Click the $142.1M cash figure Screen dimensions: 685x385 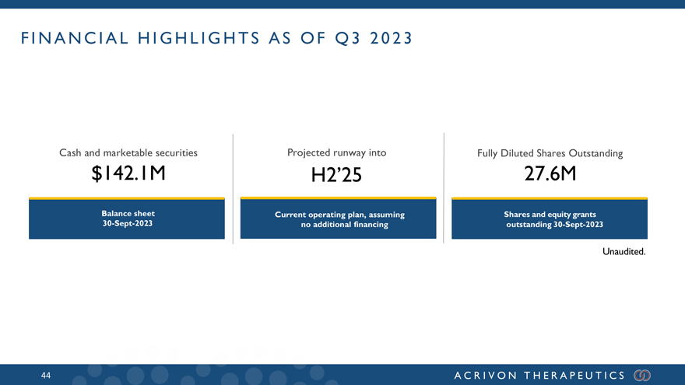pos(128,173)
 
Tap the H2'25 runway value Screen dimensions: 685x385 pos(336,175)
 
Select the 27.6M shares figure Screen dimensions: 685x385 pos(550,173)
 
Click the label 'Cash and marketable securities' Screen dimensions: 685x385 pos(128,152)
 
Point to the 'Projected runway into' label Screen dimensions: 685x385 pos(337,152)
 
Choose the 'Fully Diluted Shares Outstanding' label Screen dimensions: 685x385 pos(550,153)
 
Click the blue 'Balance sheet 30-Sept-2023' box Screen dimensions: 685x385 pos(127,219)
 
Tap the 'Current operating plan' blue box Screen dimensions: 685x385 pos(338,218)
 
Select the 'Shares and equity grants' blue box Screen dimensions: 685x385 pos(550,219)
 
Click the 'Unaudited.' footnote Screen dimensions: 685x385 pos(624,251)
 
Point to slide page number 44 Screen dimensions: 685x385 pos(46,376)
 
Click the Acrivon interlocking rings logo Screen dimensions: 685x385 pos(642,376)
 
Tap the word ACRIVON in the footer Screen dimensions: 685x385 pos(486,376)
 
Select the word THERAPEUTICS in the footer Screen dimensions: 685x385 pos(575,376)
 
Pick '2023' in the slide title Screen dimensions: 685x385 pos(391,38)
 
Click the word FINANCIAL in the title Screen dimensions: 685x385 pos(75,38)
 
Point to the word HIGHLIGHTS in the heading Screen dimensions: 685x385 pos(198,38)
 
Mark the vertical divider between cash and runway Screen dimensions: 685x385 pos(233,188)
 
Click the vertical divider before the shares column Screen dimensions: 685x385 pos(444,188)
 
